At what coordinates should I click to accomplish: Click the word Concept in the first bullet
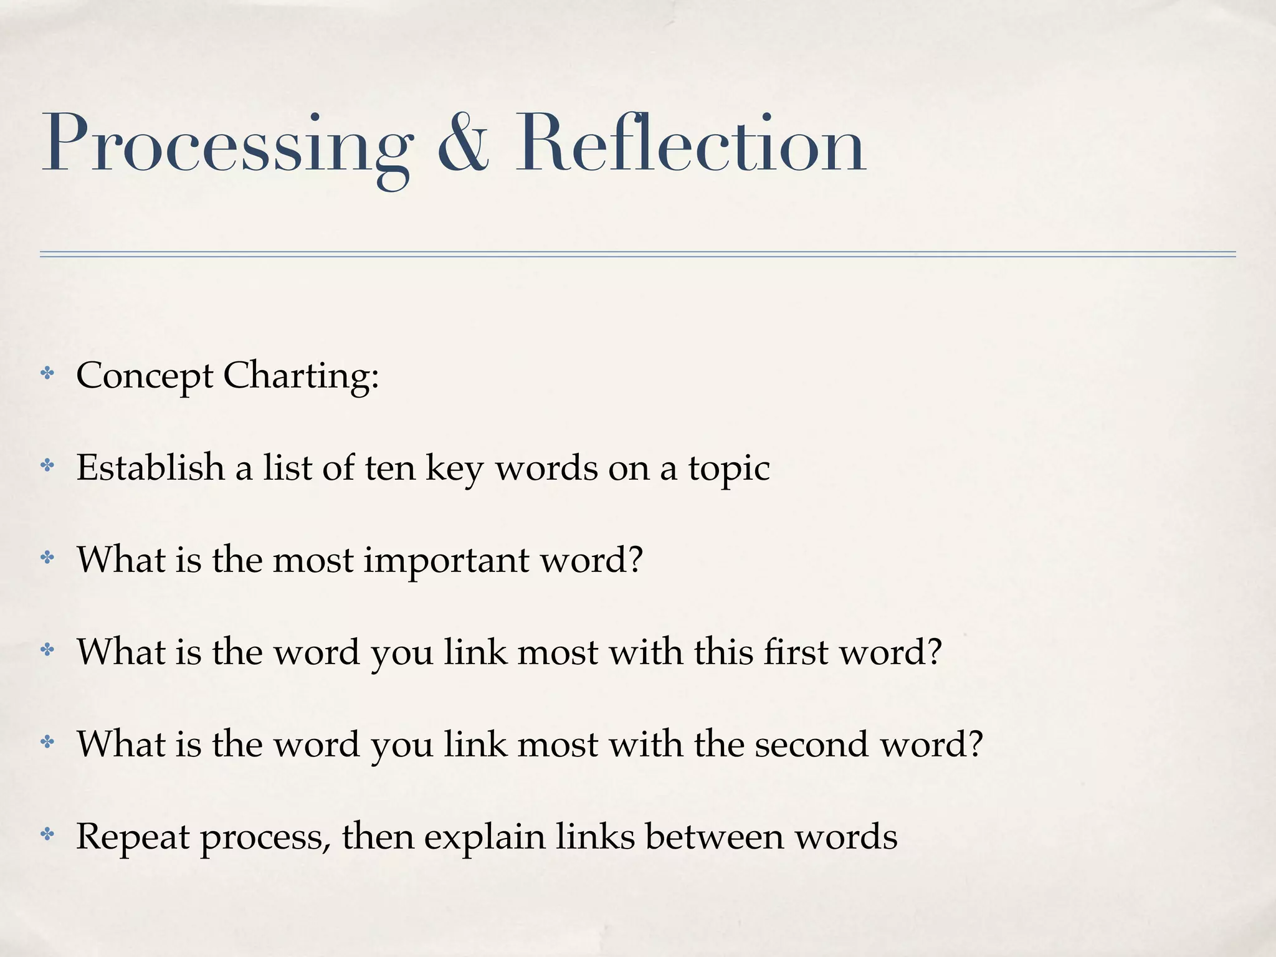(x=145, y=376)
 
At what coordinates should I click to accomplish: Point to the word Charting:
(x=301, y=376)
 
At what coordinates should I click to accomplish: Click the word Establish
(x=150, y=467)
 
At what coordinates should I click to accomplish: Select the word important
(x=446, y=561)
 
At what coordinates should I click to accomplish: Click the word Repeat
(x=133, y=837)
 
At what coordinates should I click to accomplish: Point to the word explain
(x=485, y=837)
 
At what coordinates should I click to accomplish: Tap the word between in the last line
(x=714, y=836)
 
